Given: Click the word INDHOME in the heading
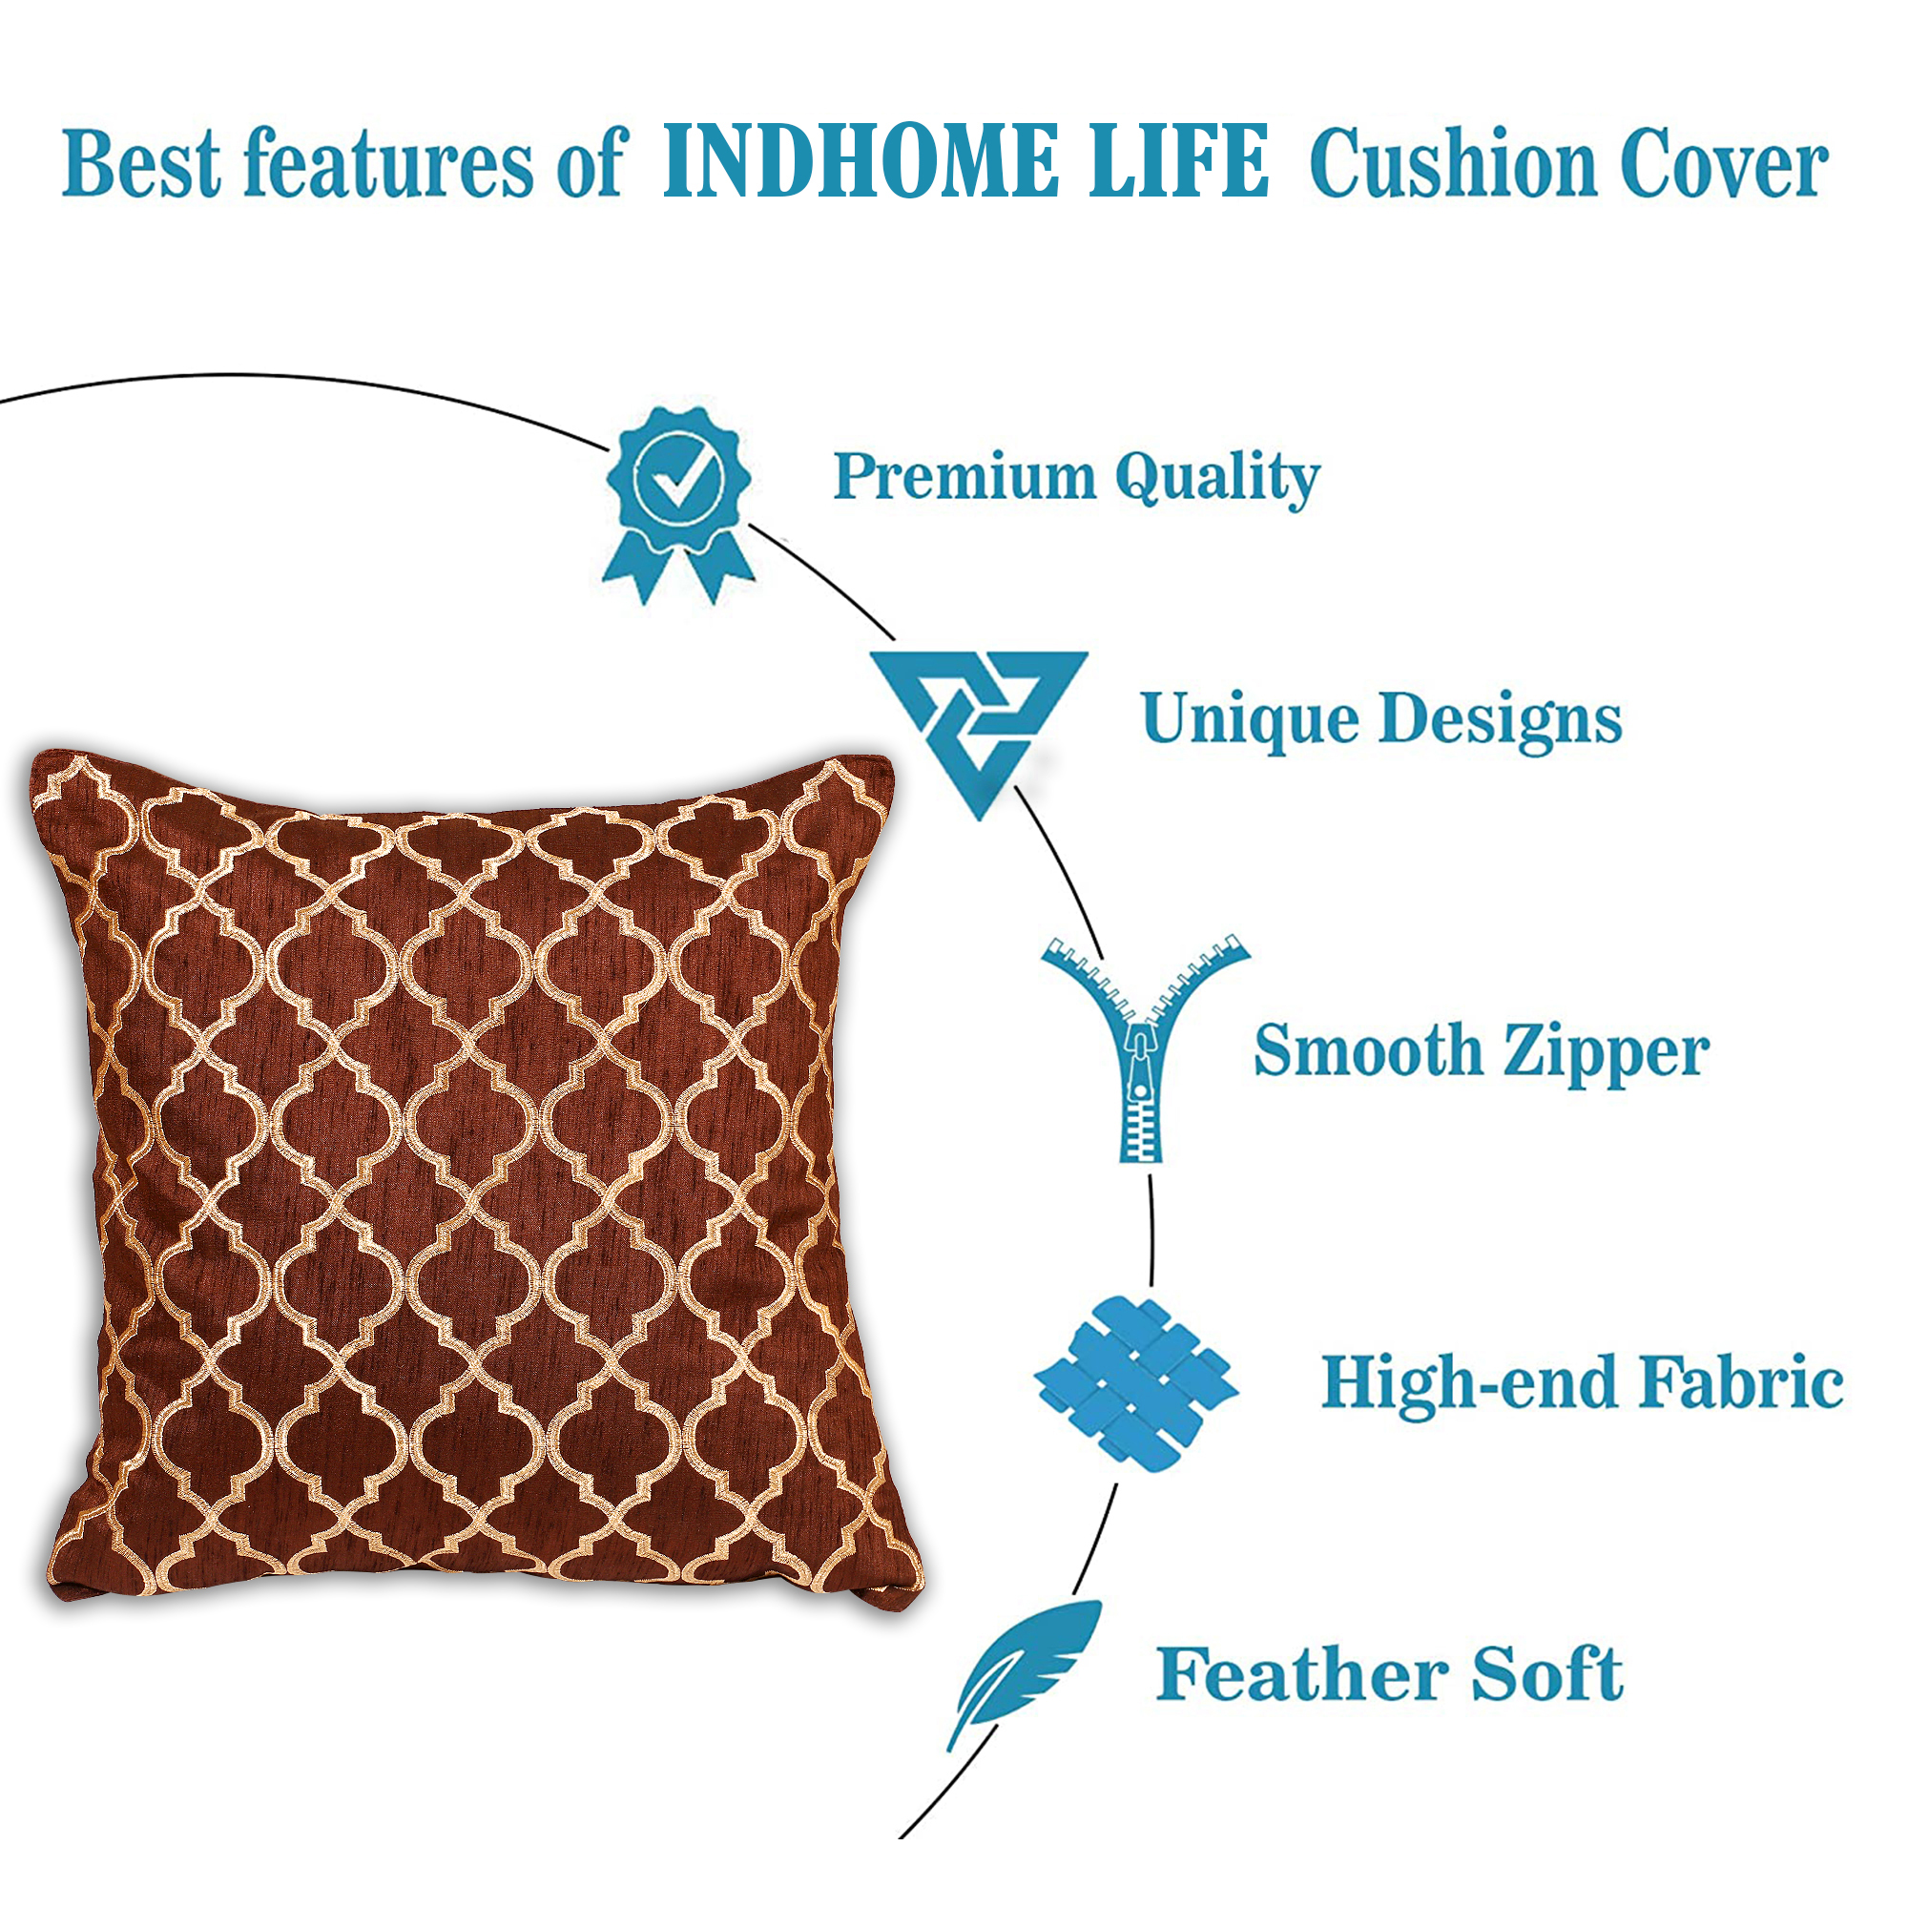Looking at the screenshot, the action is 861,161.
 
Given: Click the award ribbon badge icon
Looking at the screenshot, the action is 678,505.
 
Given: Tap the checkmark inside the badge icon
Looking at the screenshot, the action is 679,479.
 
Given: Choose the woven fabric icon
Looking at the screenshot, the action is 1135,1384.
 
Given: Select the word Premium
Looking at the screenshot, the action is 964,476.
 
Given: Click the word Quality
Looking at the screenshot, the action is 1217,480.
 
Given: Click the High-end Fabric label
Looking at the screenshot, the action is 1582,1382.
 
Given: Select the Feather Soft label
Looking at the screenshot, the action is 1390,1674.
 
